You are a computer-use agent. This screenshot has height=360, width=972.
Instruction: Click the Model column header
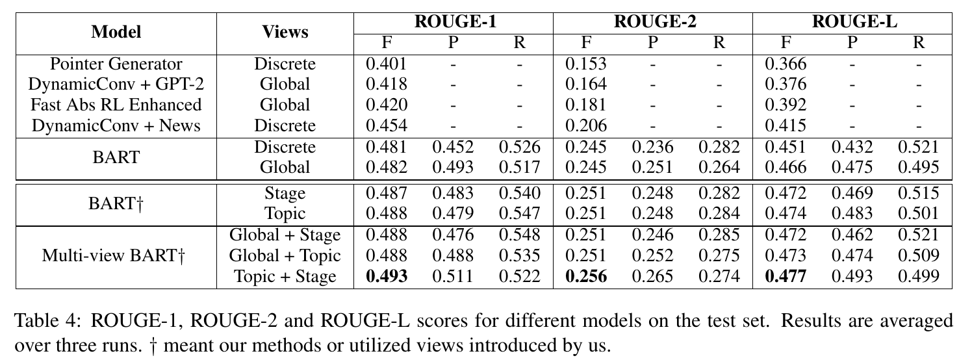click(116, 32)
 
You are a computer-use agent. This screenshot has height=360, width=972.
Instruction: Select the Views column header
click(285, 32)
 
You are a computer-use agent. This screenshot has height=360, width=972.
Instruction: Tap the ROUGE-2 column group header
click(655, 21)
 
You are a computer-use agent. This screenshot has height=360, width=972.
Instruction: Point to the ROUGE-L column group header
click(854, 21)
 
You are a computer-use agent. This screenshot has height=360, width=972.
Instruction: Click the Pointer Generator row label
click(116, 64)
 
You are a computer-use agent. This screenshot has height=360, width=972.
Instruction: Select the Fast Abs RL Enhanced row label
click(116, 105)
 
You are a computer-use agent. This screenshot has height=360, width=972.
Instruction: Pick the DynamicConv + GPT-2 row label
click(116, 84)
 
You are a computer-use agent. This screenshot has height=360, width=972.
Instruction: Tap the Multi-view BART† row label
click(113, 255)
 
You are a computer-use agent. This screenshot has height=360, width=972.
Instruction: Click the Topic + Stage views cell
click(285, 276)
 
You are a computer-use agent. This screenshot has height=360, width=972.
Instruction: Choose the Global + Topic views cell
click(285, 255)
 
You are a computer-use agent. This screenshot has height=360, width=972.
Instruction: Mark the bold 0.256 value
click(586, 276)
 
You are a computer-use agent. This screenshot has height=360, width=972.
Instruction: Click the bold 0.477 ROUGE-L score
click(786, 276)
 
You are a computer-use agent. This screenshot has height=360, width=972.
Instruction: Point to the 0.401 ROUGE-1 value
click(386, 64)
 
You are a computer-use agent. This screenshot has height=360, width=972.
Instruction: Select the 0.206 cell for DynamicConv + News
click(586, 126)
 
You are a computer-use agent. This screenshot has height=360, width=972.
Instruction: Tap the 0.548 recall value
click(519, 235)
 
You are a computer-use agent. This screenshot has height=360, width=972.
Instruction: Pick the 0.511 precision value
click(453, 276)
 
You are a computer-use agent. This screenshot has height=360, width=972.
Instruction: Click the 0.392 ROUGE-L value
click(786, 105)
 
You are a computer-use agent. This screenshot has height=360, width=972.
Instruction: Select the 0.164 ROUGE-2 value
click(586, 84)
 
